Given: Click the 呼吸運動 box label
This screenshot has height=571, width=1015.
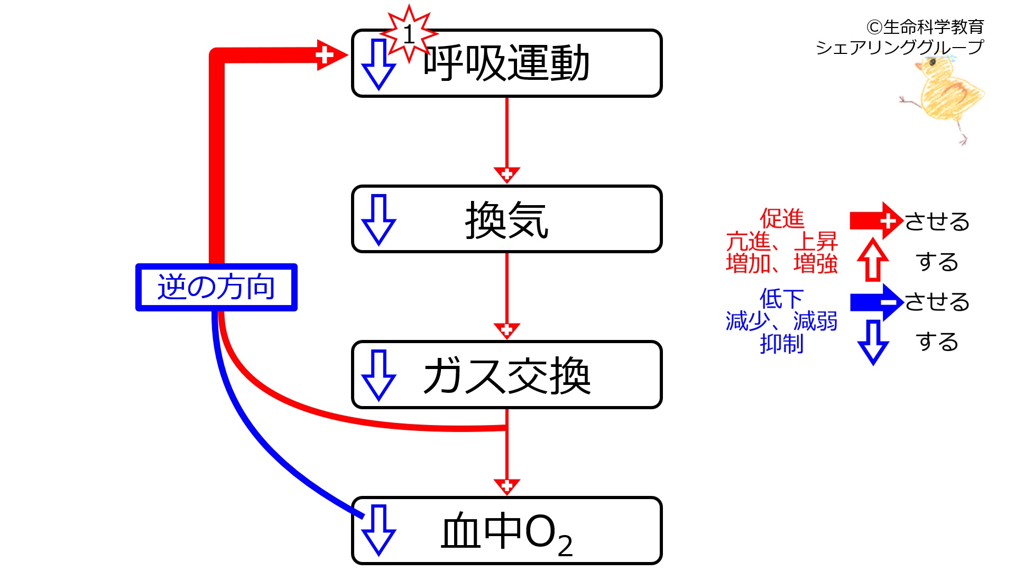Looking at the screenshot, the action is [506, 63].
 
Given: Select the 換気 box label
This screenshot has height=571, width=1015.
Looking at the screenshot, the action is [506, 220].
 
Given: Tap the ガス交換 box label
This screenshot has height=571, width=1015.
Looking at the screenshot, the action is [506, 375].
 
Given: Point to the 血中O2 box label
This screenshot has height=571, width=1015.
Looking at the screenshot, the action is [506, 533].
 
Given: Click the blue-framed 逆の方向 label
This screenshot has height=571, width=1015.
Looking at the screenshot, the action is [216, 287].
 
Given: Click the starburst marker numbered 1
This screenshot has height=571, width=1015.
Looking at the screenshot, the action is [409, 34].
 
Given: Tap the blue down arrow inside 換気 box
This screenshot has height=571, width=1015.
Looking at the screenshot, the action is [379, 220].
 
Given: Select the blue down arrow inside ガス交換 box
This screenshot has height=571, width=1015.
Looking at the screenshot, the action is [379, 375].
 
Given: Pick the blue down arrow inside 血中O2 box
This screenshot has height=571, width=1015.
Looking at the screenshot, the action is [379, 530].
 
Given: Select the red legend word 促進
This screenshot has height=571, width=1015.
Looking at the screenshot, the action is [781, 218].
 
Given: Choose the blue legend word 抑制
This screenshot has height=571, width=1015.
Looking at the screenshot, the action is [781, 344].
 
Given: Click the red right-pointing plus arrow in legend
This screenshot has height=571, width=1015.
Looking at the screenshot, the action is [876, 220].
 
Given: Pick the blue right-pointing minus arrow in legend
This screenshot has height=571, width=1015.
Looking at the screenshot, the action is [876, 302].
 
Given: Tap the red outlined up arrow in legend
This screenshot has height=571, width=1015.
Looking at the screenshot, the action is [873, 260].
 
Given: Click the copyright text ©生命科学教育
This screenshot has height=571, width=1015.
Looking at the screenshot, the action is [925, 26].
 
